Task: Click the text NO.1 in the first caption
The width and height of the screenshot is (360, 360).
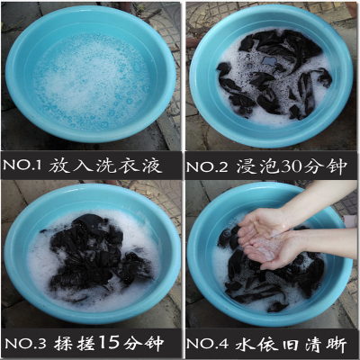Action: tap(22, 166)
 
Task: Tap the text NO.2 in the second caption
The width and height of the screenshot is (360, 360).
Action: tap(207, 166)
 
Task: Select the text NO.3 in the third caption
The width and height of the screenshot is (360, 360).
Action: tap(26, 344)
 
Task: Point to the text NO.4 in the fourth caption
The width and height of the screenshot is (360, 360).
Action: tap(207, 344)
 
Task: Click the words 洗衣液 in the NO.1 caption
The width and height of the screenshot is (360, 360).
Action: tap(130, 166)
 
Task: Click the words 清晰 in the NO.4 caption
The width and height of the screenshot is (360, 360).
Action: tap(327, 344)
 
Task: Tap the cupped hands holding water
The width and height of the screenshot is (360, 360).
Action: tap(265, 239)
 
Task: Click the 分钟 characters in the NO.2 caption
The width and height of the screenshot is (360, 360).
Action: tap(325, 166)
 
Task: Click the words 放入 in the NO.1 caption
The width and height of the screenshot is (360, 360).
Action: tap(70, 166)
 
